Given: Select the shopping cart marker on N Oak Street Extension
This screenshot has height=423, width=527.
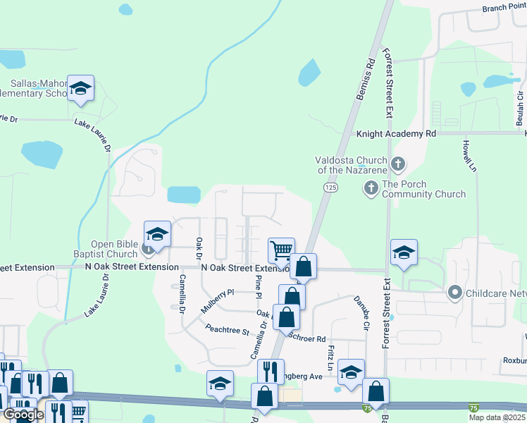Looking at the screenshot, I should pyautogui.click(x=281, y=250).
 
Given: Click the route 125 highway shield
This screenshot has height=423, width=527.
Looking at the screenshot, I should pyautogui.click(x=330, y=187).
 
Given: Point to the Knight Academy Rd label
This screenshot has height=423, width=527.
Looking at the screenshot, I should pyautogui.click(x=397, y=133).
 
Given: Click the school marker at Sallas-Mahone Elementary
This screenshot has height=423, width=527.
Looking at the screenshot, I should pyautogui.click(x=81, y=89).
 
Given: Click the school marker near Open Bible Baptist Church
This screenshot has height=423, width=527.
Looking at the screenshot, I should pyautogui.click(x=157, y=235).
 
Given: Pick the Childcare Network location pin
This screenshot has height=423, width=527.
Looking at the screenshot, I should pyautogui.click(x=455, y=291).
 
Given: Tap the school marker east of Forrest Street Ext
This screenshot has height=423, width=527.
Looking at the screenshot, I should pyautogui.click(x=404, y=253).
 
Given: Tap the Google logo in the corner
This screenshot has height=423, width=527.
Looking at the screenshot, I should pyautogui.click(x=23, y=415).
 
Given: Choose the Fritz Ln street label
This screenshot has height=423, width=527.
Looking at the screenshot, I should pyautogui.click(x=329, y=358).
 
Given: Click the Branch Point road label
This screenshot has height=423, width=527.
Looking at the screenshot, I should pyautogui.click(x=504, y=8).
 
